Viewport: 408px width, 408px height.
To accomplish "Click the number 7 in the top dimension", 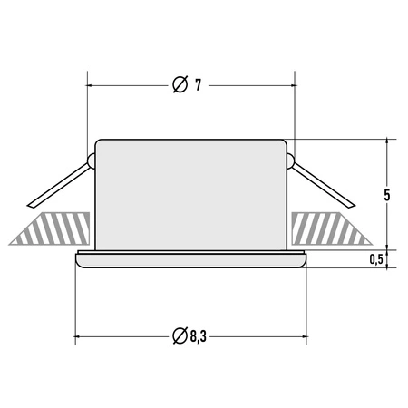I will point(198,84).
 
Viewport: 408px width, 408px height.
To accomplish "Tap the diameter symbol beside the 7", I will point(180,84).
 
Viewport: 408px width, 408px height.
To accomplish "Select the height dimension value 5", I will point(387,195).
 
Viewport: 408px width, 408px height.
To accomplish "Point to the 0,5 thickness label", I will point(376,259).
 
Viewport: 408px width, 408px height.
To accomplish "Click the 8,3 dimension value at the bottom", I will point(199,336).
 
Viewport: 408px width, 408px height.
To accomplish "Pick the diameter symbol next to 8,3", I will point(180,336).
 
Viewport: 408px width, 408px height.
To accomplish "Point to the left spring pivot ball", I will point(92,162).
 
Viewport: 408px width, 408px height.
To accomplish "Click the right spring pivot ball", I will point(290,162).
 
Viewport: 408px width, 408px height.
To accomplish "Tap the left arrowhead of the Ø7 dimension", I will point(91,85).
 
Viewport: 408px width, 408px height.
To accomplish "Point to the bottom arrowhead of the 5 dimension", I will point(387,244).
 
